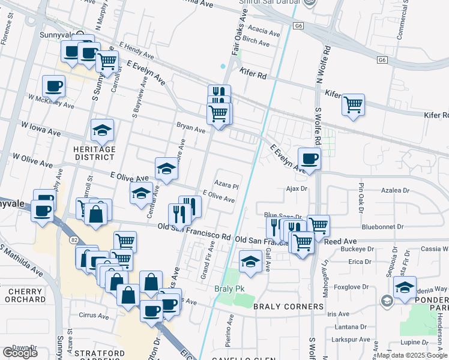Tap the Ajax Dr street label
tap(296, 188)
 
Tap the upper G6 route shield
tap(298, 26)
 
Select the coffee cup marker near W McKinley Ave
tap(53, 86)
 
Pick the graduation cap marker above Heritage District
tap(102, 130)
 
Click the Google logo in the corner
tap(20, 352)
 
